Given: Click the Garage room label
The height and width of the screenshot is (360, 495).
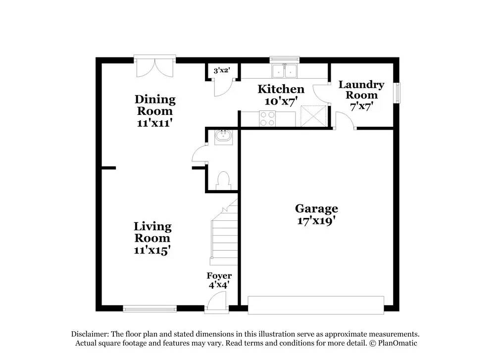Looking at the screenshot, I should (316, 208).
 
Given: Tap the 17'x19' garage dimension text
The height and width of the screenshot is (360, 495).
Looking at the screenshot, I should (316, 221).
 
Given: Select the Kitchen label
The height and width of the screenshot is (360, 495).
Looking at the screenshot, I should (281, 89).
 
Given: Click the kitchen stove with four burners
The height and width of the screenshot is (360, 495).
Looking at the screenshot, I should (268, 119).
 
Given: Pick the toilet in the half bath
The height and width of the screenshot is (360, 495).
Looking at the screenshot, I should (224, 180).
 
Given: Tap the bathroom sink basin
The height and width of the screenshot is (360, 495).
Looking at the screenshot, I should (224, 136).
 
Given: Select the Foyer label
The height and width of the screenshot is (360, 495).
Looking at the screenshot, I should (219, 276).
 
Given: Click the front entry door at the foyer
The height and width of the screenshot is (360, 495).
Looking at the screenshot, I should (217, 302).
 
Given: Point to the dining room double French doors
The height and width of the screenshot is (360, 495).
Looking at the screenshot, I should (154, 67).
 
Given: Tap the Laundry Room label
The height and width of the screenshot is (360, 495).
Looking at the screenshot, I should (361, 90).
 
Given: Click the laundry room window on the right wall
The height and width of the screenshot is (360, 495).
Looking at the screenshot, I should (397, 93).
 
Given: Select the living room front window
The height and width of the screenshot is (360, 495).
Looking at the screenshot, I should (149, 309).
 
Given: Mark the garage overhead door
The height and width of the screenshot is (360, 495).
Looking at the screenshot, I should (316, 305).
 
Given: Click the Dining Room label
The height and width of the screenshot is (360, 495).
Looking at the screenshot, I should (155, 105).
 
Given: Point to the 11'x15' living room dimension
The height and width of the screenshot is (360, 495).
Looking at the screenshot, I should (152, 251).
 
